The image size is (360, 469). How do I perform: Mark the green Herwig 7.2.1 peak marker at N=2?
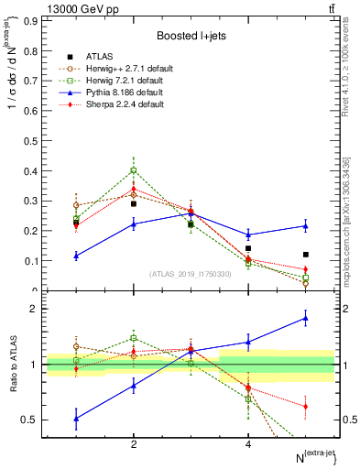(134, 170)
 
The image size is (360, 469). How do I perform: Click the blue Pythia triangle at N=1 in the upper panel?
(76, 256)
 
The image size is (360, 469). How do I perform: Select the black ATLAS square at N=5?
(306, 255)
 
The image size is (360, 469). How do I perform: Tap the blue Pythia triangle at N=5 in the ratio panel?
(306, 319)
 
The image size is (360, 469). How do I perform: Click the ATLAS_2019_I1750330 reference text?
(191, 274)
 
